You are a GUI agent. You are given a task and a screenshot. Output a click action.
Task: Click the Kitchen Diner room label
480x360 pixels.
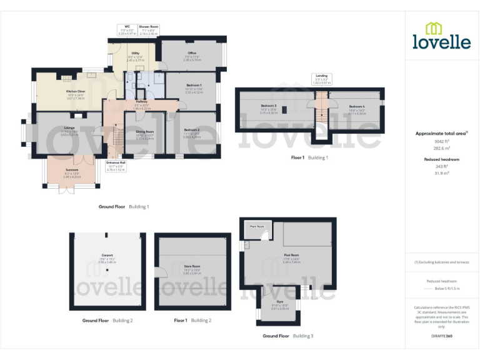76,91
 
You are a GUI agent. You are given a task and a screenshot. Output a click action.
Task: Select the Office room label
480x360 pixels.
192,54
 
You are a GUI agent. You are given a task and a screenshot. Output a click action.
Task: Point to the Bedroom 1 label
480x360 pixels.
193,85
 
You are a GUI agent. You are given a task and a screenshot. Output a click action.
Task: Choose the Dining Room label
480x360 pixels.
145,132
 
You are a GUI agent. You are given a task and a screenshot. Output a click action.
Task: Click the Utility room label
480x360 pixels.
135,54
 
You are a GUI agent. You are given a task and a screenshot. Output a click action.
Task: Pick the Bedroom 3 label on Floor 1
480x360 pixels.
269,106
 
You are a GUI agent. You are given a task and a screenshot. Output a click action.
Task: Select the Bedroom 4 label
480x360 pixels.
357,107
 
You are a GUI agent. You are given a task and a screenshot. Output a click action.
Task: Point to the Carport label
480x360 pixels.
107,255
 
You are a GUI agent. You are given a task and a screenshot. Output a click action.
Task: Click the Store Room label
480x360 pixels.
191,266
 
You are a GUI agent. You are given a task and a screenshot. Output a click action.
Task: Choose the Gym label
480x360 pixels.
280,301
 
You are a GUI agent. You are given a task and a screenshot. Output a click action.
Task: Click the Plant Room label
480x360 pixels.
257,226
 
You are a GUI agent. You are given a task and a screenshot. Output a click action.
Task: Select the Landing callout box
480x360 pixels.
321,79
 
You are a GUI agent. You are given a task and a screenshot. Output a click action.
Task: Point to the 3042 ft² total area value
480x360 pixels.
441,142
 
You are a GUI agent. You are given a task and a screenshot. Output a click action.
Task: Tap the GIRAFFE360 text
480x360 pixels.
441,336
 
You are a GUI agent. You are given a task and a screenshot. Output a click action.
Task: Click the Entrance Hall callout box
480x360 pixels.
116,167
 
